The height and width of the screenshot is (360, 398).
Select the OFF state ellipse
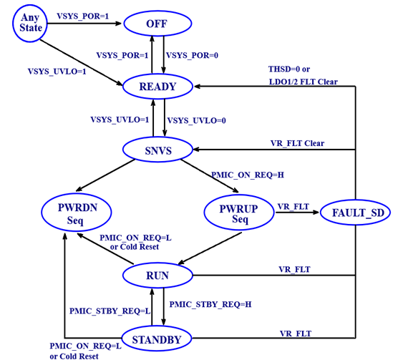coord(160,24)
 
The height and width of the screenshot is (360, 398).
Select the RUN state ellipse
coord(157,274)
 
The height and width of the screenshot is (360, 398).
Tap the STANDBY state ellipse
coord(158,336)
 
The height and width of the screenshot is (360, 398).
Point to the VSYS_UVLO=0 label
coord(195,120)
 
